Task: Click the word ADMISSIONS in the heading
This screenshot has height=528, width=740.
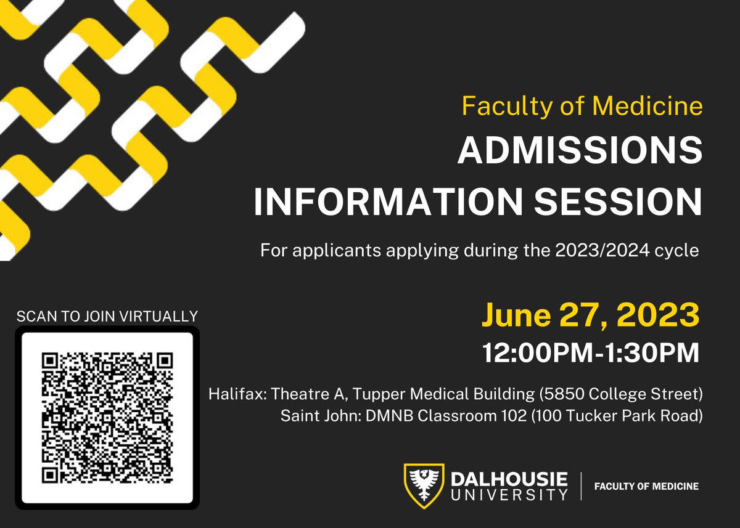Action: pyautogui.click(x=580, y=152)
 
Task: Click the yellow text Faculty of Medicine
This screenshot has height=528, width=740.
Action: pyautogui.click(x=582, y=107)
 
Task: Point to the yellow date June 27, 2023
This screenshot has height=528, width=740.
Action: pyautogui.click(x=590, y=315)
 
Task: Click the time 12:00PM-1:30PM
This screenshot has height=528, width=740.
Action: pyautogui.click(x=591, y=353)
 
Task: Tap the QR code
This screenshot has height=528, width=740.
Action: pyautogui.click(x=107, y=417)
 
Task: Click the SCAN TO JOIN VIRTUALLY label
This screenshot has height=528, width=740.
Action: pyautogui.click(x=107, y=317)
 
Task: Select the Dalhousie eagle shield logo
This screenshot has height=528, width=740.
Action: pyautogui.click(x=424, y=485)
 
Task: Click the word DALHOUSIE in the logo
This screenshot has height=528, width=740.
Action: pyautogui.click(x=509, y=479)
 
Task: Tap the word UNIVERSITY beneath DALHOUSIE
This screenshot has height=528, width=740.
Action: pyautogui.click(x=509, y=493)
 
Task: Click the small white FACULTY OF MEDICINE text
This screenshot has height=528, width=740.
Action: pyautogui.click(x=646, y=486)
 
